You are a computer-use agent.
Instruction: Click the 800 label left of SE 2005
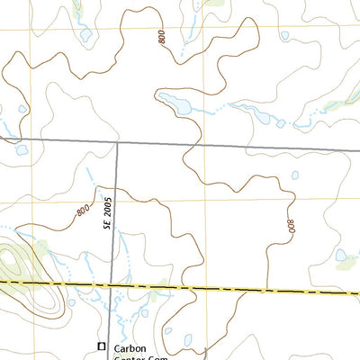(84, 211)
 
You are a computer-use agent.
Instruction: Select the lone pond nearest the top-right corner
(284, 36)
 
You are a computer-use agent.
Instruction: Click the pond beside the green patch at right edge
(341, 256)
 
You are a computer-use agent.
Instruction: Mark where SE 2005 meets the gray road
(117, 142)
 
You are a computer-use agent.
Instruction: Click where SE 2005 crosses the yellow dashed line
(112, 285)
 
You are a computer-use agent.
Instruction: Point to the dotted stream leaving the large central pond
(211, 110)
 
